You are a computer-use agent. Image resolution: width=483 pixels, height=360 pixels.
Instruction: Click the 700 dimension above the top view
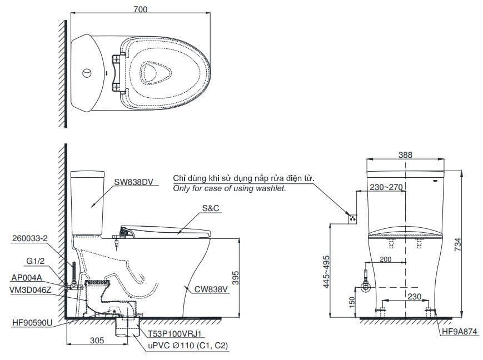140,9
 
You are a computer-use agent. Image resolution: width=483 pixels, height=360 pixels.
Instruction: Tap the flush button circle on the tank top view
87,73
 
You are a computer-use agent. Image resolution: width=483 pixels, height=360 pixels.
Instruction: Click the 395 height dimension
235,278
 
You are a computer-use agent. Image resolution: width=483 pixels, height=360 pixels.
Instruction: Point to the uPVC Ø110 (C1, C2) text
187,346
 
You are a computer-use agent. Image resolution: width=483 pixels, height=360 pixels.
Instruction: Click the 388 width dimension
405,155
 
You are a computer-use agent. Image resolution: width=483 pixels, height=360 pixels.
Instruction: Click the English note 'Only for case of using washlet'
230,189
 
